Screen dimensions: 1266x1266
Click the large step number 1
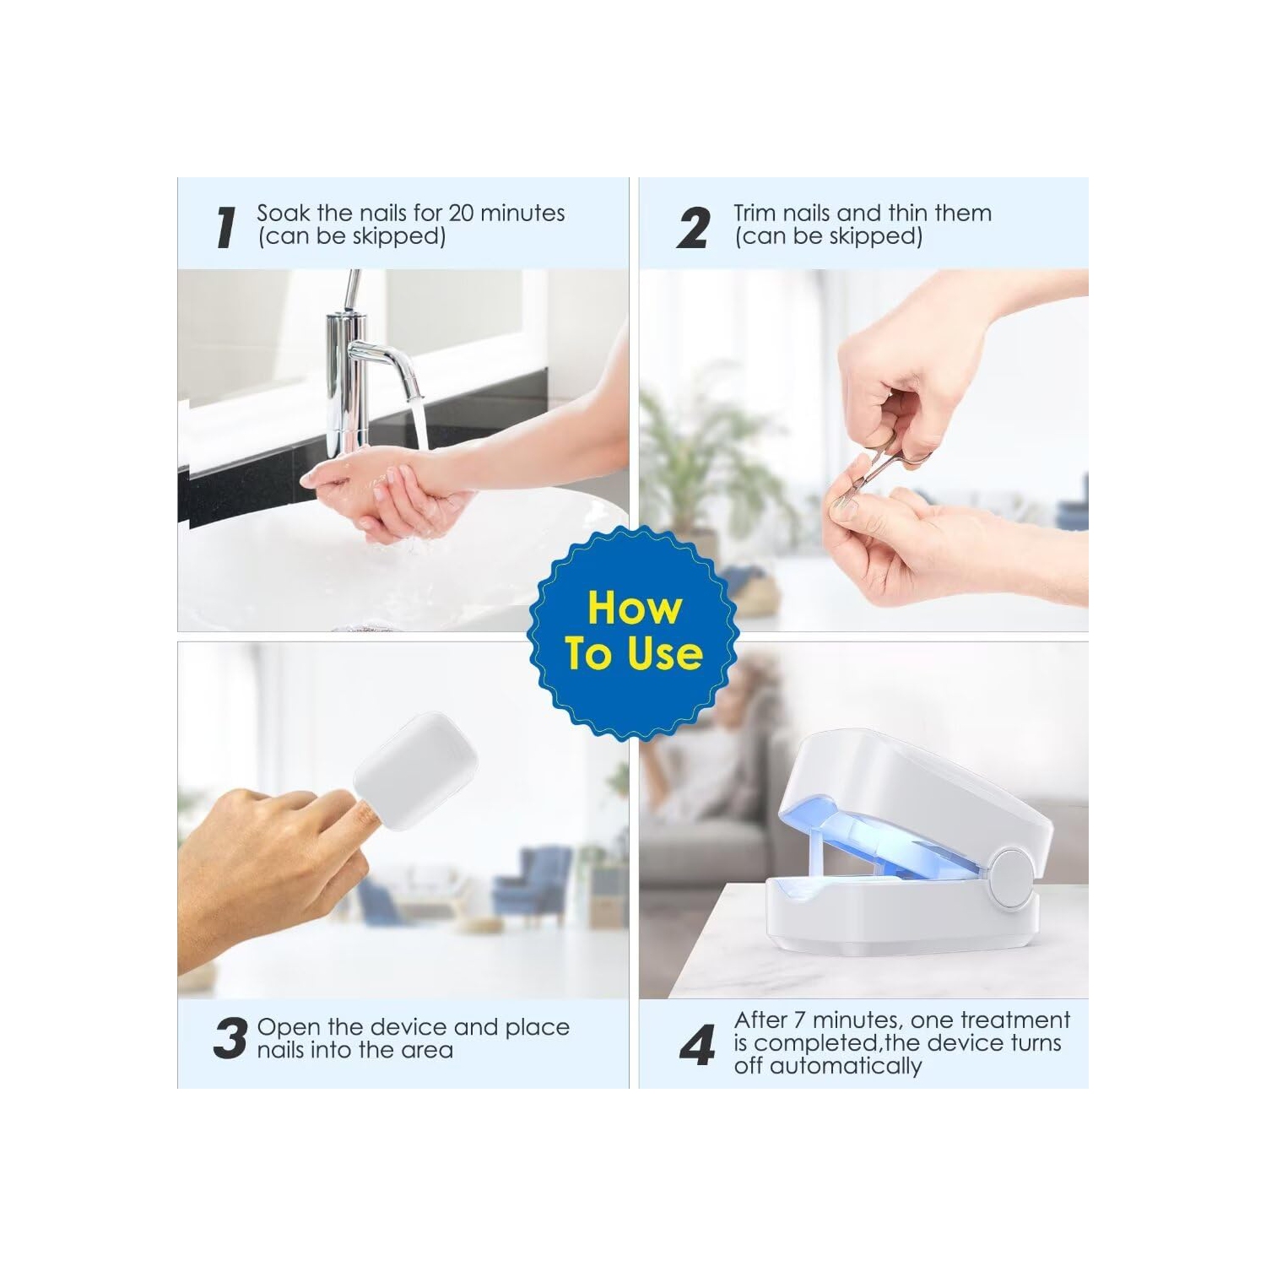pos(225,227)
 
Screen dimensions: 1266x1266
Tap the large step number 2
pos(693,228)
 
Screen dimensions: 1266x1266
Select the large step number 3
pos(230,1038)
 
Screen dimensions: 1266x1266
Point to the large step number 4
pos(697,1045)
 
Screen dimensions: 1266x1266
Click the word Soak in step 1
pos(284,213)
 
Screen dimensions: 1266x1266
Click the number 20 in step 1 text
pos(461,213)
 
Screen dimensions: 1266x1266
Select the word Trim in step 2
pos(754,213)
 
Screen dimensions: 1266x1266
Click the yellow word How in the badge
pos(634,608)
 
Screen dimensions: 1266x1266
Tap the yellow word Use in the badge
pos(665,653)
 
